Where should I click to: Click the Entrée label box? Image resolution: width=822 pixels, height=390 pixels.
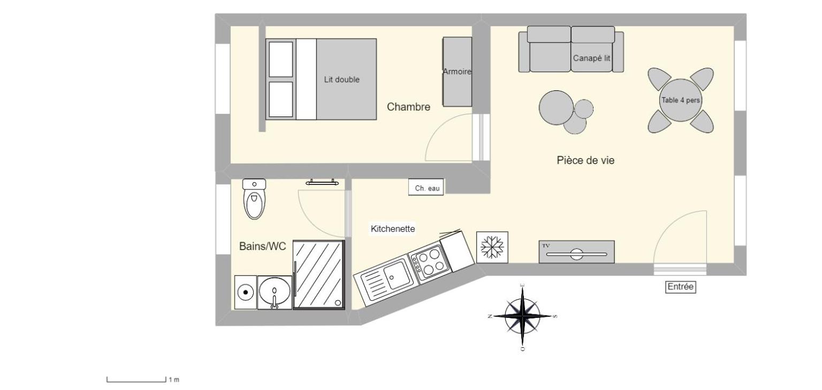point(680,287)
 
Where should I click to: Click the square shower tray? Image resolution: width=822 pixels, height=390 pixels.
point(319,275)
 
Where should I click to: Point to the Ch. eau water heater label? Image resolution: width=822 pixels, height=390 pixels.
point(427,188)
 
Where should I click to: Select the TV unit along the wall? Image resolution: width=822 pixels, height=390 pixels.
point(576,252)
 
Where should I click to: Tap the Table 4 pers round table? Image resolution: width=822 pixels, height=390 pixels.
point(680,100)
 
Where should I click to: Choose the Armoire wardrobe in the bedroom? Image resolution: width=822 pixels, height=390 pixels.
point(457,72)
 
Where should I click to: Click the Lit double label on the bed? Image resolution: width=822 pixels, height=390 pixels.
point(342,80)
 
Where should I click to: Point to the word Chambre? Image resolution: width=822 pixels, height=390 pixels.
point(408,107)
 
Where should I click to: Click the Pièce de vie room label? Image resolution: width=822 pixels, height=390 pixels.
point(585,160)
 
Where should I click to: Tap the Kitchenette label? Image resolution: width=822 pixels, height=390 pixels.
point(393,229)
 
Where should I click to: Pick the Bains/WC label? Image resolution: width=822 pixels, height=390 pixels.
point(262,246)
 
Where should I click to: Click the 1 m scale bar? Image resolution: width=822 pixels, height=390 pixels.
point(136,380)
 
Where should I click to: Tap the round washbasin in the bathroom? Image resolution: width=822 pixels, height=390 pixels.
point(275,292)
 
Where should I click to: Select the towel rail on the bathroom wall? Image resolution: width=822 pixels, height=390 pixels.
point(322,183)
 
